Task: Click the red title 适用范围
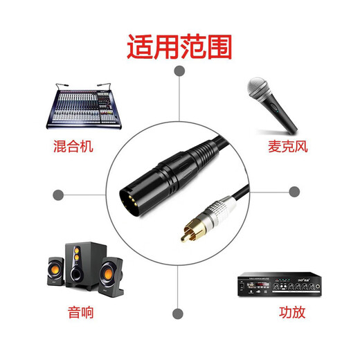(179, 48)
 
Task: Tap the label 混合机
(72, 147)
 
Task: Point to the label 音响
(82, 313)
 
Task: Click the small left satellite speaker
(55, 273)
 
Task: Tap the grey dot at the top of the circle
(179, 71)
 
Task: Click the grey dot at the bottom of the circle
(179, 313)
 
